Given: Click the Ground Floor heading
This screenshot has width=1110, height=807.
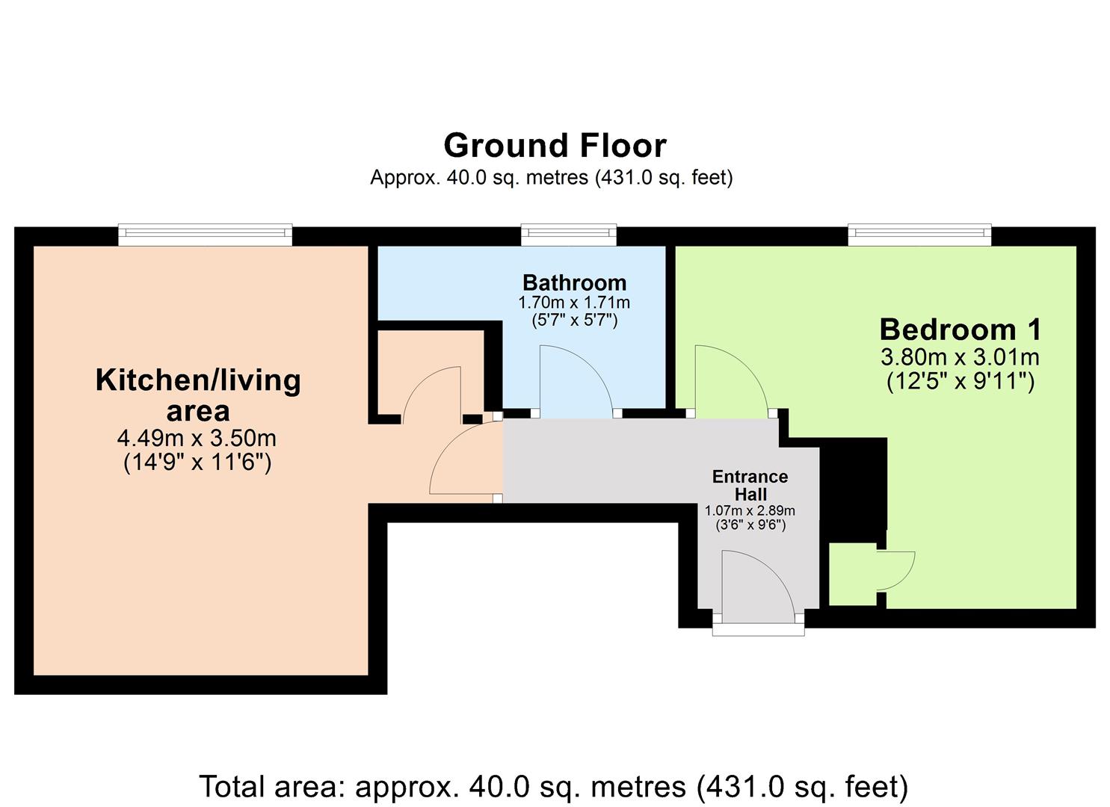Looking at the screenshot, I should coord(555,146).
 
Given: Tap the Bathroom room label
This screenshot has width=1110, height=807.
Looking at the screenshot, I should coord(574,283).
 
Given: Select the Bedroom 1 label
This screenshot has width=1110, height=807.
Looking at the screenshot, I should coord(960,330).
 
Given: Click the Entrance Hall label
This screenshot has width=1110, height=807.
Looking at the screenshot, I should coord(750,486).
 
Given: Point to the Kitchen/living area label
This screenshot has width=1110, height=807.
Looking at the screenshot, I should coord(198,395).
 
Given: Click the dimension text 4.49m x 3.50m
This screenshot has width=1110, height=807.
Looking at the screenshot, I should coord(197,438).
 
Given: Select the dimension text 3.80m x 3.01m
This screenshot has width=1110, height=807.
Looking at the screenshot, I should coord(960,357).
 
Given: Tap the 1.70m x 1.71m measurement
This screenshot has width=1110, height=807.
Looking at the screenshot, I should coord(574,303).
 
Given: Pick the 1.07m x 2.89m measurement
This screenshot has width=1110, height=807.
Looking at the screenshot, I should coord(750,511).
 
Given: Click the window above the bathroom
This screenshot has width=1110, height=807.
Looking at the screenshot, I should coord(569,235).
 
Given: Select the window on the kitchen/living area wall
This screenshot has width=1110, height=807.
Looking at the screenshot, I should coord(206,235).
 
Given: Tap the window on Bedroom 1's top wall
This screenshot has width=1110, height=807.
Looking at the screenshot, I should coord(919,235).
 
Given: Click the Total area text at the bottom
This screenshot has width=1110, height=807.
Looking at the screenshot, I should coord(554,786).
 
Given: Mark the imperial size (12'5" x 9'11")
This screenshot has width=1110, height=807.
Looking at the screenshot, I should coord(960,382).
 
